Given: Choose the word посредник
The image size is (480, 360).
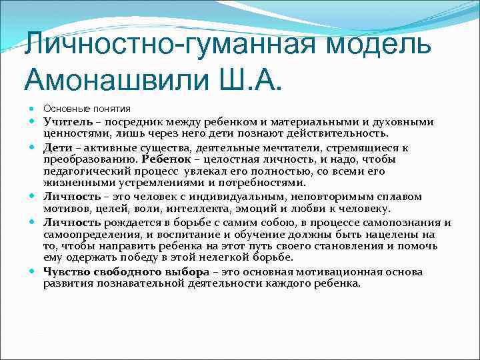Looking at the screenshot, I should (x=126, y=122).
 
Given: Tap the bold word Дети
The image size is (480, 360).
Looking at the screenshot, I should (x=57, y=148).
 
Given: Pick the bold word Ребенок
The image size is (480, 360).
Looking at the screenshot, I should (x=165, y=159).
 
